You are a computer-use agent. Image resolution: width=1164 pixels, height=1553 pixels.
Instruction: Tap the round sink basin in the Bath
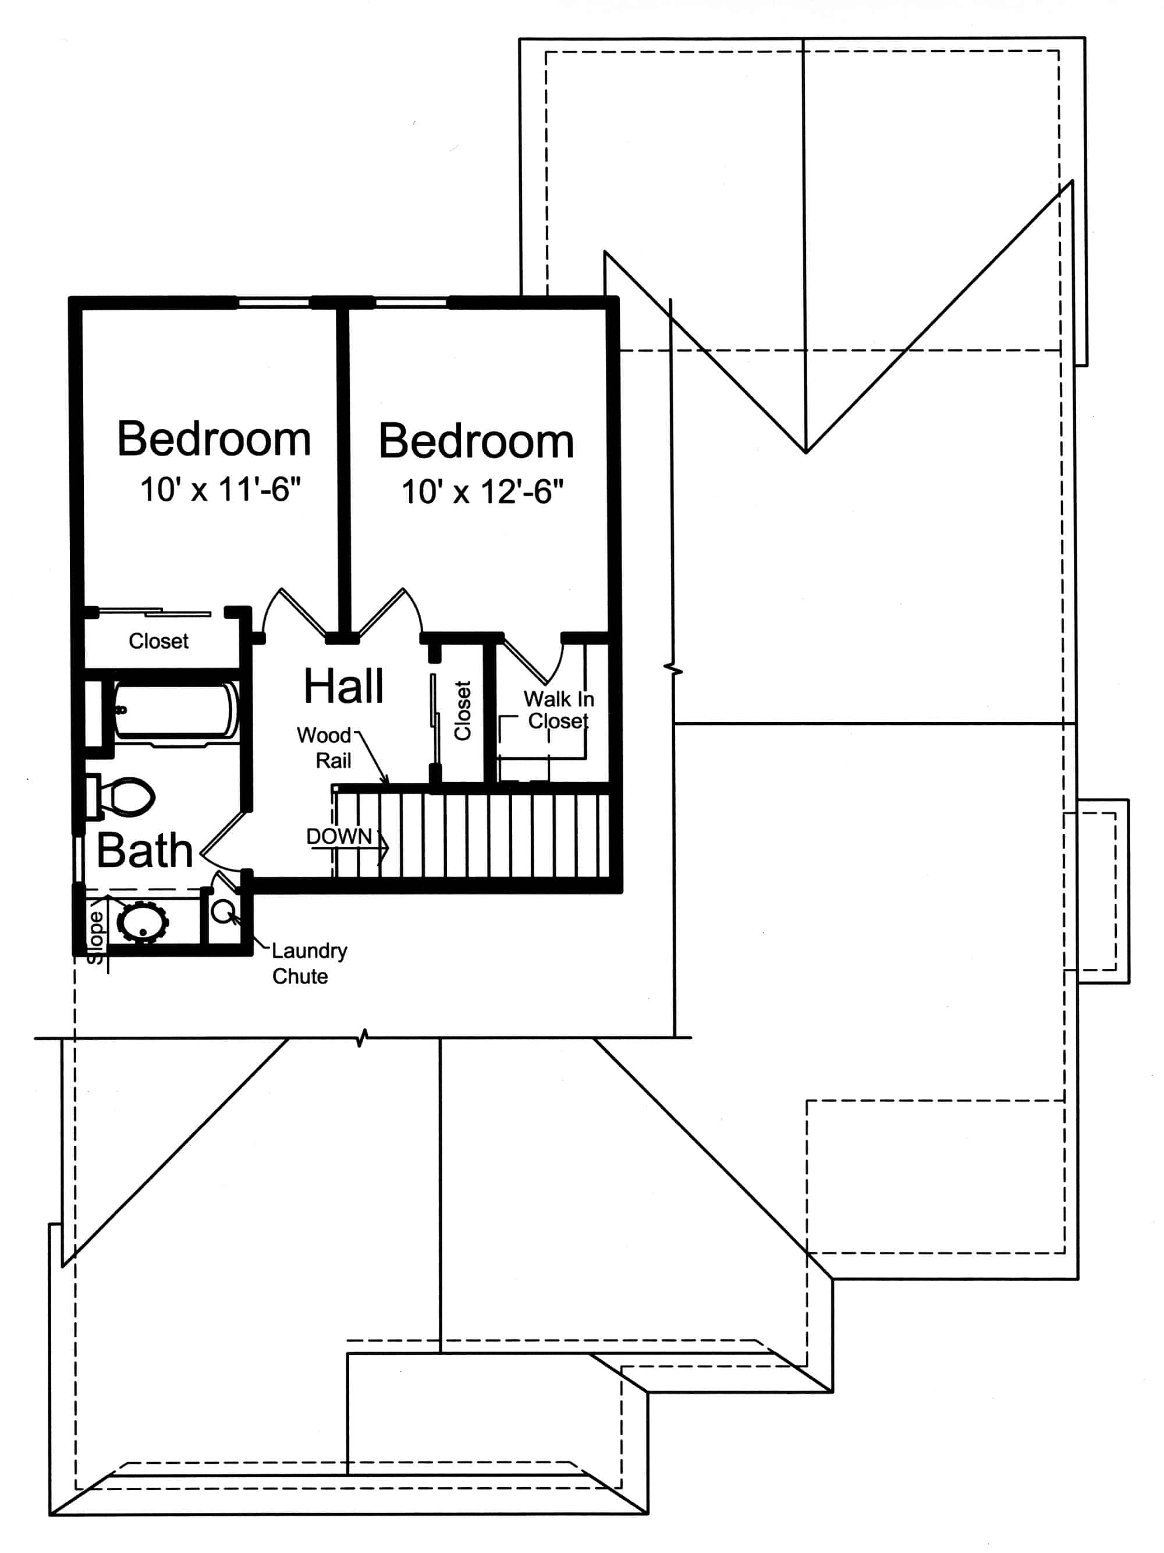[x=143, y=922]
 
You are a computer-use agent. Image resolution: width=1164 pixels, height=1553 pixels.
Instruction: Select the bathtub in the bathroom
[x=175, y=711]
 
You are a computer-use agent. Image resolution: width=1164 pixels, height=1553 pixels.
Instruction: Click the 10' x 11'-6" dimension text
[x=221, y=489]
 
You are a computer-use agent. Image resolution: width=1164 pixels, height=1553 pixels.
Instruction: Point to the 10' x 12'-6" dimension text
[x=482, y=491]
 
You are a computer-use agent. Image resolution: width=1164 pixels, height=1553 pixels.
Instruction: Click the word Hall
[x=343, y=686]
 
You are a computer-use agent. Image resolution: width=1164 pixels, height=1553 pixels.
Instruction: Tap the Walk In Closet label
[x=559, y=710]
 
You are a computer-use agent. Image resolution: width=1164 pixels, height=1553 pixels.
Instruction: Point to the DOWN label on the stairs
[x=339, y=836]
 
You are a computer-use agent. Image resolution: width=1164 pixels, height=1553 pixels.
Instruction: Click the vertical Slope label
[x=95, y=938]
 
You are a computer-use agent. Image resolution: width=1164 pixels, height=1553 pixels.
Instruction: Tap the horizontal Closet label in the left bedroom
[x=158, y=641]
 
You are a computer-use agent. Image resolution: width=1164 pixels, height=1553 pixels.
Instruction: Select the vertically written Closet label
[x=462, y=710]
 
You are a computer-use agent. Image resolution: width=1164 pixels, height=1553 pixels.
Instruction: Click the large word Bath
[x=144, y=851]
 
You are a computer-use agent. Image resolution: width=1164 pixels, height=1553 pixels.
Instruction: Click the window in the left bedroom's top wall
[x=273, y=303]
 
